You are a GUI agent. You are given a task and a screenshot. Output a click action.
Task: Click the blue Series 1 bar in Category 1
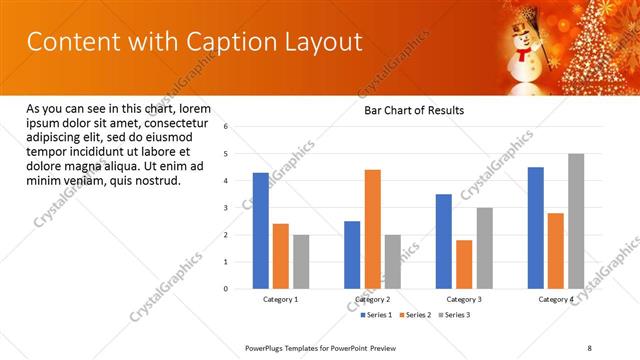point(260,231)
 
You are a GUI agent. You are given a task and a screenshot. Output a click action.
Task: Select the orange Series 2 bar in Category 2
point(372,229)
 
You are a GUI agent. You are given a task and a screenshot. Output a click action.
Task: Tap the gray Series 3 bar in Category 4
point(576,221)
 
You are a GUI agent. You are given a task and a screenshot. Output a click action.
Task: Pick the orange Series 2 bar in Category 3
point(464,264)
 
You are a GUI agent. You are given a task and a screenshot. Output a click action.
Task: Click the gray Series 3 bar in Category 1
point(301,262)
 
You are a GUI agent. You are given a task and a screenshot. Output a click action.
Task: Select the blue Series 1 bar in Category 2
point(352,255)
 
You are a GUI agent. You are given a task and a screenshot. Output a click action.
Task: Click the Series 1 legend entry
point(377,315)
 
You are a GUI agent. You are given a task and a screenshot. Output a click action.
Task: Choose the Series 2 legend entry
point(415,315)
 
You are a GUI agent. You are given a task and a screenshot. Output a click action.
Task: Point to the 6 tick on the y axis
point(226,127)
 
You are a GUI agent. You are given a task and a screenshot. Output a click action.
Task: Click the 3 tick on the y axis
point(226,208)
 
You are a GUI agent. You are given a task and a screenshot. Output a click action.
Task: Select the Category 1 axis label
point(281,299)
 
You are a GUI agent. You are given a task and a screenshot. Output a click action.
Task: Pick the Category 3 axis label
point(464,299)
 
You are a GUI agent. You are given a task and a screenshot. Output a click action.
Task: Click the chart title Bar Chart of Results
point(413,110)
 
